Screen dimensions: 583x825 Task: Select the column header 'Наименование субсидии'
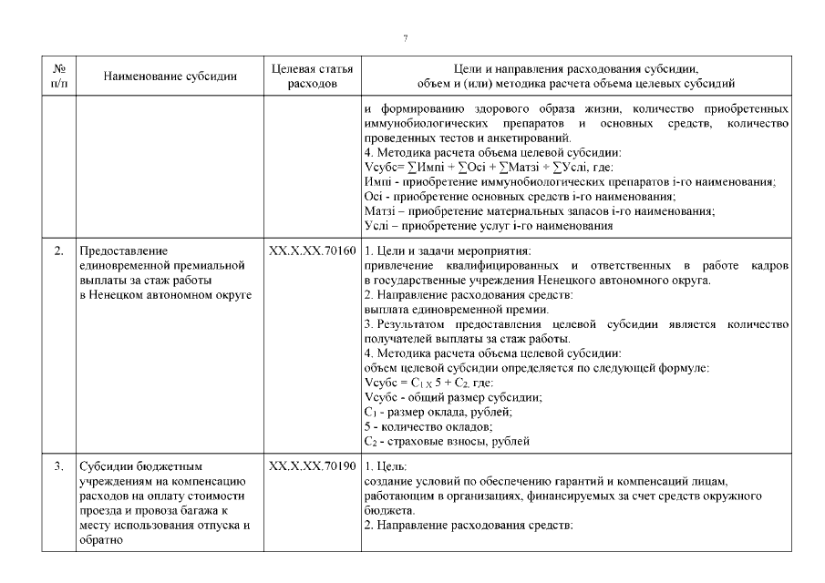tap(170, 77)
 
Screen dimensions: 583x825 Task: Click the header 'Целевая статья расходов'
tap(313, 77)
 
